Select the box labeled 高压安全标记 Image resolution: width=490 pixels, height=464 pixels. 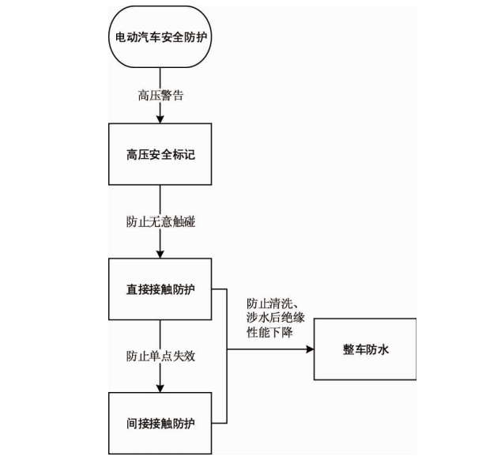(160, 154)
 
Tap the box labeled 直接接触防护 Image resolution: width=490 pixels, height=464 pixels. (160, 289)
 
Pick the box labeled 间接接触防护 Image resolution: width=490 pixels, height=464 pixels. (160, 423)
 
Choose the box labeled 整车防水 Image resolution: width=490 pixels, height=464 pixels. (365, 349)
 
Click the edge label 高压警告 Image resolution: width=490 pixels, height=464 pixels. (160, 96)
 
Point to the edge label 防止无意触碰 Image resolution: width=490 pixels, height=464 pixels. (160, 221)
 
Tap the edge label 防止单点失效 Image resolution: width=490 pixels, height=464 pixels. (160, 356)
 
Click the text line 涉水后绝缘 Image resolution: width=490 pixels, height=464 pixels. (275, 318)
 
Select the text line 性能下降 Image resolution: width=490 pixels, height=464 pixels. (269, 332)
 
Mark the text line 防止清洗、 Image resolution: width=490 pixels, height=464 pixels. (273, 303)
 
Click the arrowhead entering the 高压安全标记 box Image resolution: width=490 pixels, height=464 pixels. (160, 119)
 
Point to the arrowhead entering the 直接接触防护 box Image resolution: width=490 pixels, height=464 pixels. (160, 255)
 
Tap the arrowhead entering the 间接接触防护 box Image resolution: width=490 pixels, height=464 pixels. (160, 388)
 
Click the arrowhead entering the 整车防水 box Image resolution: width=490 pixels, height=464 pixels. (310, 349)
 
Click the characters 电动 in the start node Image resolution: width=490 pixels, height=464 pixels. (126, 37)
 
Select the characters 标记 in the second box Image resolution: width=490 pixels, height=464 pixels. (183, 154)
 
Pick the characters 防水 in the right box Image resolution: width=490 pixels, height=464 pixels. (377, 349)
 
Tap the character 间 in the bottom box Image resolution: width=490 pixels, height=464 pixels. (132, 424)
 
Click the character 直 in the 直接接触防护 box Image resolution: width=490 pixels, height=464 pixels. (132, 289)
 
